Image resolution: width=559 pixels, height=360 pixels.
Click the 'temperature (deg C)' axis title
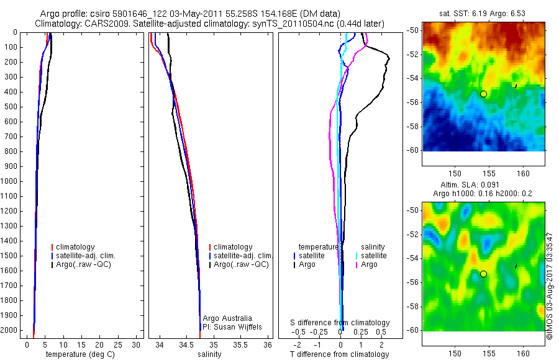tap(78, 354)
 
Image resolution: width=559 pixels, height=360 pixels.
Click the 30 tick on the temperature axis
tap(138, 344)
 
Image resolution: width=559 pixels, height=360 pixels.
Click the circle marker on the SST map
tap(483, 94)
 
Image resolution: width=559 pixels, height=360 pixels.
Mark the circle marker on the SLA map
tap(483, 274)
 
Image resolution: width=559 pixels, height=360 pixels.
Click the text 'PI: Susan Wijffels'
tap(232, 326)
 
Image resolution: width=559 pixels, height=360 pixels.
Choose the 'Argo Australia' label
tap(227, 318)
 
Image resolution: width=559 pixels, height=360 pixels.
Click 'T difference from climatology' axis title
tap(339, 354)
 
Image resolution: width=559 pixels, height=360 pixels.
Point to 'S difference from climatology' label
tap(340, 323)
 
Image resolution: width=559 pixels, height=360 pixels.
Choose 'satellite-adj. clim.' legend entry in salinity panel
tap(243, 256)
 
